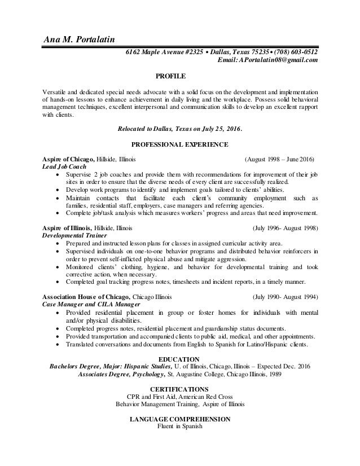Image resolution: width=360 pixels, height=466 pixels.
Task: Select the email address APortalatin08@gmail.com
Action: pyautogui.click(x=279, y=60)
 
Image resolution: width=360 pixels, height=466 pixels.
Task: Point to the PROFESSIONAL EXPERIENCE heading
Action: pyautogui.click(x=179, y=144)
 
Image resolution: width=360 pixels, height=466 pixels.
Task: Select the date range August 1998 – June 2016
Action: pyautogui.click(x=279, y=159)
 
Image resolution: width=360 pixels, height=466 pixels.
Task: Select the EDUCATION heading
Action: pyautogui.click(x=179, y=359)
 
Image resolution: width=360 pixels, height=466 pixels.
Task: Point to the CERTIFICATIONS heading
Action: pyautogui.click(x=179, y=389)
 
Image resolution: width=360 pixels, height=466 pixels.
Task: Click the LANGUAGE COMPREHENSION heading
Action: pyautogui.click(x=179, y=420)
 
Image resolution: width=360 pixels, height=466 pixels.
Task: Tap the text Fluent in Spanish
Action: pyautogui.click(x=179, y=427)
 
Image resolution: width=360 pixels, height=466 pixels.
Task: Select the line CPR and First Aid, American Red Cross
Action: pyautogui.click(x=179, y=397)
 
